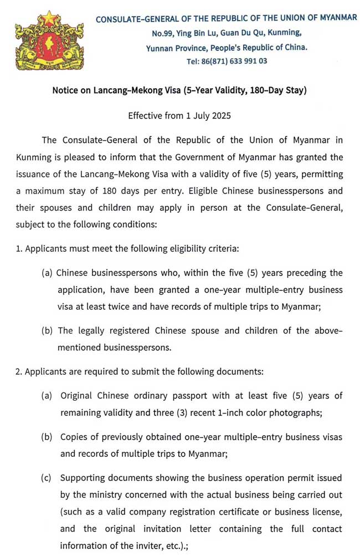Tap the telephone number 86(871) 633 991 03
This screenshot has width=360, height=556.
227,61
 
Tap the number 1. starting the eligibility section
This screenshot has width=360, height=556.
19,248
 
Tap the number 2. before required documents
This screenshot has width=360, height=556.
19,372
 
